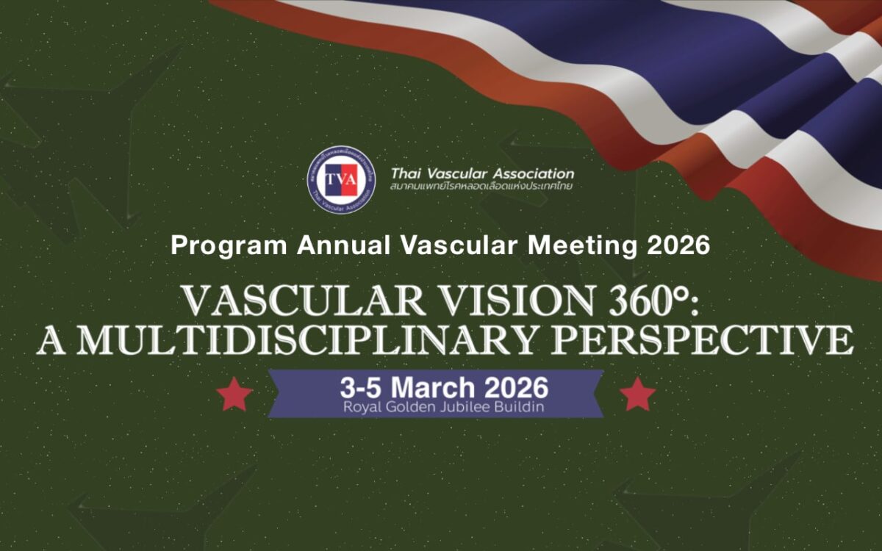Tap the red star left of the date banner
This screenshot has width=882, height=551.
click(x=235, y=395)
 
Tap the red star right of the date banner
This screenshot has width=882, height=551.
click(x=637, y=395)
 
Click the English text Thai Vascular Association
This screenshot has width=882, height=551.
click(x=482, y=174)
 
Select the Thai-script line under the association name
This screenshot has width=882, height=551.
click(x=481, y=187)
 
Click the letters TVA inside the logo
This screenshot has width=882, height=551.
click(x=341, y=179)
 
